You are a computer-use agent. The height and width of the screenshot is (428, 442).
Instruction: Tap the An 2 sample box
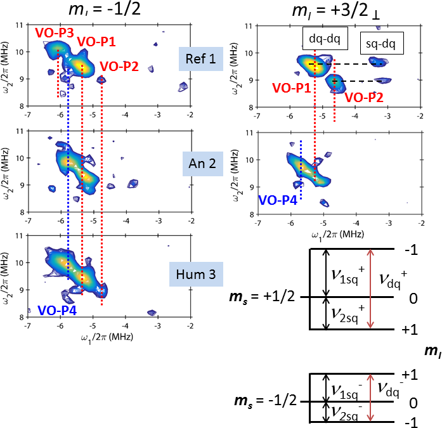click(200, 162)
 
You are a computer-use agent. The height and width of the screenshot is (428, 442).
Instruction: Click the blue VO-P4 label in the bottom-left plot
click(59, 310)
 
